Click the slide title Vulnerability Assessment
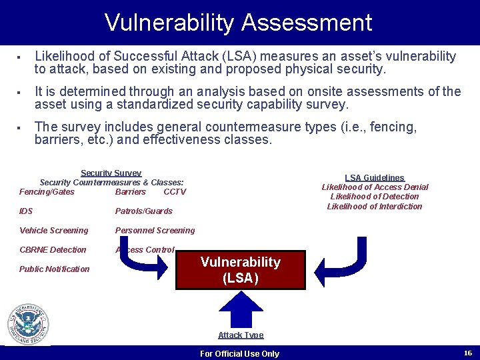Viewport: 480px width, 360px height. pos(238,23)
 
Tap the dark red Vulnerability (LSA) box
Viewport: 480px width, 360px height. pos(240,270)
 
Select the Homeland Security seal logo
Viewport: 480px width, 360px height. pos(28,325)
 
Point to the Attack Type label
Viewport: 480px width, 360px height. pos(241,335)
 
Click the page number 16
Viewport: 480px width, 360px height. pos(467,353)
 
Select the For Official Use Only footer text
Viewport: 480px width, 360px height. pos(239,353)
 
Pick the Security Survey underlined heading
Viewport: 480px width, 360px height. pos(111,173)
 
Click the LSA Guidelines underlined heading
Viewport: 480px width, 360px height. pos(374,178)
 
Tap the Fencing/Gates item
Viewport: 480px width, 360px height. pos(47,192)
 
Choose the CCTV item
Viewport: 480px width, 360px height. pos(175,192)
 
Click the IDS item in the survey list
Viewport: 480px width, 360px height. pos(26,211)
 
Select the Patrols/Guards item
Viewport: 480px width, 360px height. pos(143,211)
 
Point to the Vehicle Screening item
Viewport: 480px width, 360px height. pos(53,231)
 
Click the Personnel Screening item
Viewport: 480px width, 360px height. pos(155,231)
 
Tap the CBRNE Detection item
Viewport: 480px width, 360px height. pos(53,250)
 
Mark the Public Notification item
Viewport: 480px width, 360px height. pos(54,269)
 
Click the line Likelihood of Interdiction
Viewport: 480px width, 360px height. pos(374,207)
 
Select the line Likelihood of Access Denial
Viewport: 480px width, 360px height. pos(375,187)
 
